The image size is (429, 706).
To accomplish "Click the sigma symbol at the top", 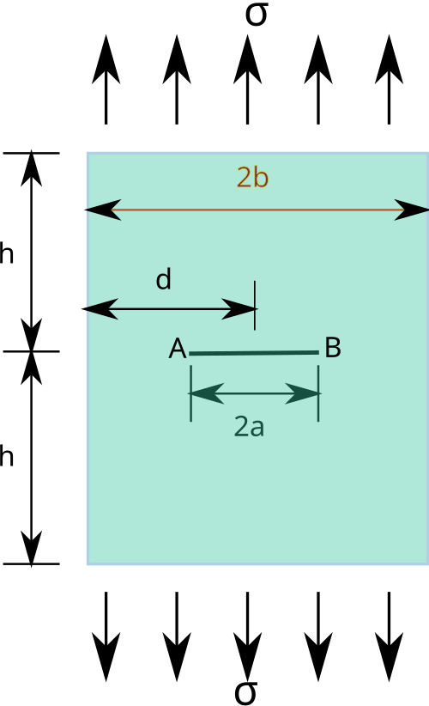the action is click(257, 15).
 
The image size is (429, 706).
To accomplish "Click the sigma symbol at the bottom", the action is click(246, 692).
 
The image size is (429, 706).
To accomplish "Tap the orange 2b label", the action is click(252, 178).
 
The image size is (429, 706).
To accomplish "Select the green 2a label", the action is click(249, 426).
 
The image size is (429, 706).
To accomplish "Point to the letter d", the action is click(164, 279).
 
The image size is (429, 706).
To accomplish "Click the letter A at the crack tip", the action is click(177, 349).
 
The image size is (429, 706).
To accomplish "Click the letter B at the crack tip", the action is click(333, 348).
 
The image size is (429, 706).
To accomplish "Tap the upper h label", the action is click(6, 253).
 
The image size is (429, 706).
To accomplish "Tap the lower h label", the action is click(6, 456).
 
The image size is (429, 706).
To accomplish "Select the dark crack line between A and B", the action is click(254, 353).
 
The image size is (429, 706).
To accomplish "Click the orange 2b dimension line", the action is click(257, 210).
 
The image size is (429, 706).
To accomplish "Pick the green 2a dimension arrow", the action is click(255, 393).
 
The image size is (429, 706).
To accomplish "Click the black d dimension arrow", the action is click(169, 309).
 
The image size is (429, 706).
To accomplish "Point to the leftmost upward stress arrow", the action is click(106, 79).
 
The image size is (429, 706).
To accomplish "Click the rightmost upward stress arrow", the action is click(389, 79).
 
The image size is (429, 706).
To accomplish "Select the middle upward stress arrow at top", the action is click(247, 79).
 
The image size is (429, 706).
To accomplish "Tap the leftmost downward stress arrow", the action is click(106, 636).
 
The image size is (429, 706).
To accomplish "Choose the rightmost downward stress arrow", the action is click(389, 636).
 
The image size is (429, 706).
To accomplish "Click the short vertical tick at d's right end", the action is click(255, 306).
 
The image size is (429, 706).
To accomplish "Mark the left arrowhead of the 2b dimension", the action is click(103, 210).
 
